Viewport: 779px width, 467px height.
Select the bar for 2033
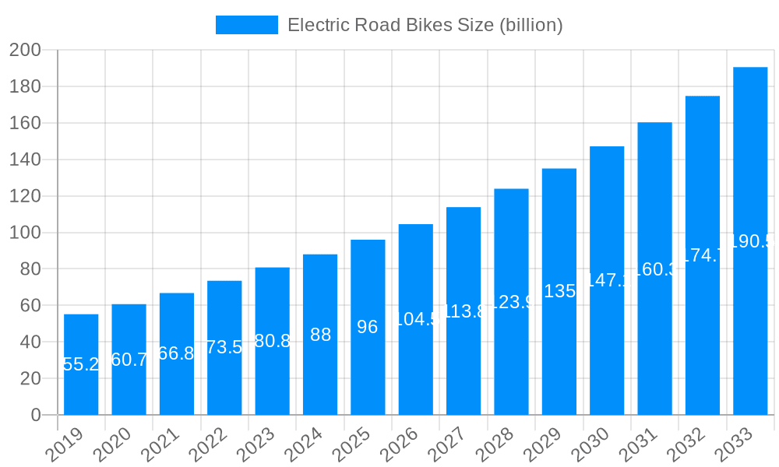click(x=750, y=241)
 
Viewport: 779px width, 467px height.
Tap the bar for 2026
click(x=416, y=319)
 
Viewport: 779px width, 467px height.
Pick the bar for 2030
click(x=607, y=280)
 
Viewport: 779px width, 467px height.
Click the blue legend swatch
click(x=246, y=25)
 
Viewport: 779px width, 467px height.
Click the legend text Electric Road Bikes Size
click(x=425, y=25)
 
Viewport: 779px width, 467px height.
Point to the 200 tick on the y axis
click(x=25, y=51)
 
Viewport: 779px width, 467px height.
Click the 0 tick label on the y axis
click(x=36, y=415)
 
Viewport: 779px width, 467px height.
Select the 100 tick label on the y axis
click(x=25, y=233)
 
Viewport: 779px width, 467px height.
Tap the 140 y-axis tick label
click(x=25, y=160)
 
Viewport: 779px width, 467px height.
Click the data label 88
click(x=320, y=335)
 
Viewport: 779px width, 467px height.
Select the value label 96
click(x=368, y=327)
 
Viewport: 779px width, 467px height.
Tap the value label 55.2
click(x=81, y=364)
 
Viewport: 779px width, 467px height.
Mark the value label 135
click(x=559, y=291)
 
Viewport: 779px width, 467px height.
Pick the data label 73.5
click(x=224, y=347)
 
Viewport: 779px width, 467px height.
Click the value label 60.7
click(x=129, y=360)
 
